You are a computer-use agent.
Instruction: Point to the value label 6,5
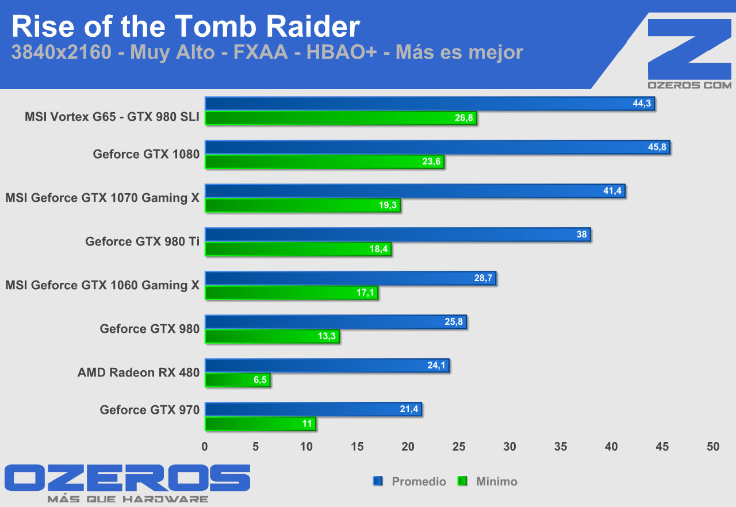pyautogui.click(x=260, y=380)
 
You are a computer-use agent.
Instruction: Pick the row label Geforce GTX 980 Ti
pyautogui.click(x=143, y=241)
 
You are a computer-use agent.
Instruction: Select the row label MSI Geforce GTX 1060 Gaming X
pyautogui.click(x=102, y=285)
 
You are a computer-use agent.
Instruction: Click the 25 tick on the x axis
pyautogui.click(x=459, y=447)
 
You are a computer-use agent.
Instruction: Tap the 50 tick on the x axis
pyautogui.click(x=713, y=447)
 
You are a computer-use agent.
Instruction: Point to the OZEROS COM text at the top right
pyautogui.click(x=689, y=85)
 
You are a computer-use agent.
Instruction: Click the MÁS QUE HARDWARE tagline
pyautogui.click(x=128, y=499)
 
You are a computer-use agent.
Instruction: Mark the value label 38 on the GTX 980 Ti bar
pyautogui.click(x=581, y=235)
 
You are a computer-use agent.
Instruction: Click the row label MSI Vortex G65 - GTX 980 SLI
pyautogui.click(x=112, y=117)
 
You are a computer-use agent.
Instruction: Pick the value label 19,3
pyautogui.click(x=388, y=205)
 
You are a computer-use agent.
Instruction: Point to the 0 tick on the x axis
pyautogui.click(x=205, y=447)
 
